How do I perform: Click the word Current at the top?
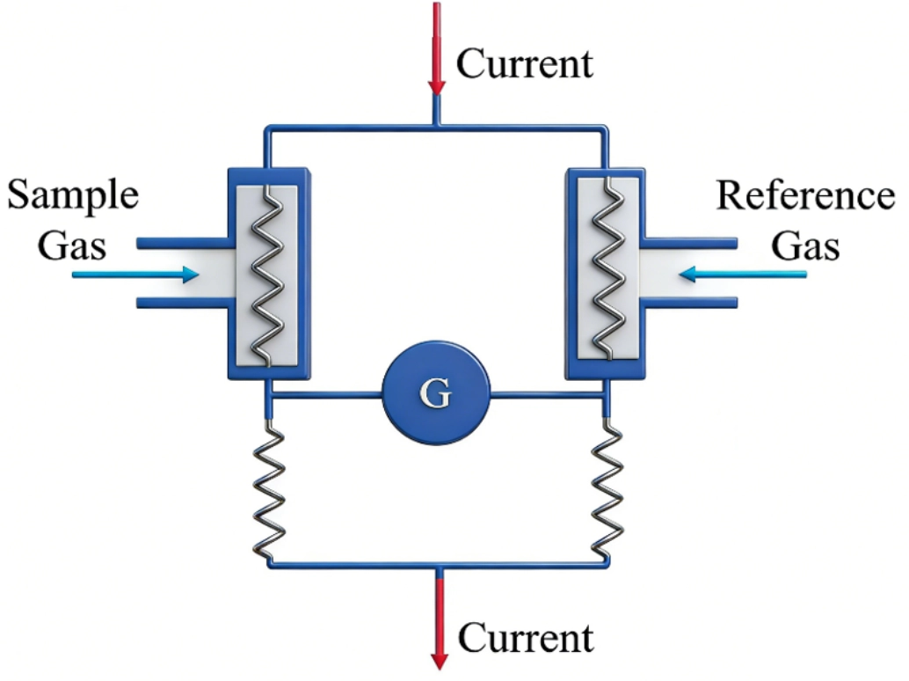tap(525, 63)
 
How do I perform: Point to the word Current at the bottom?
tap(526, 637)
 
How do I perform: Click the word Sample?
tap(73, 195)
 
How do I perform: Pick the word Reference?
tap(804, 195)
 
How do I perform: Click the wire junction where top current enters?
tap(437, 128)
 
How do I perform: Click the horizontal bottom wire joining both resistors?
tap(352, 564)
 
